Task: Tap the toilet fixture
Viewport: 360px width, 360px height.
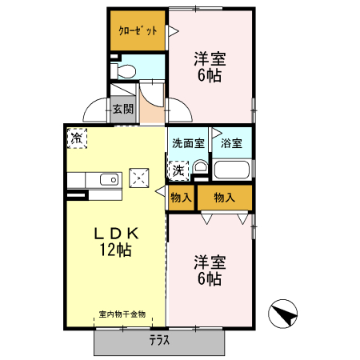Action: [125, 70]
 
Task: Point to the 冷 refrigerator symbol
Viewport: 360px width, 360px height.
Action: [77, 138]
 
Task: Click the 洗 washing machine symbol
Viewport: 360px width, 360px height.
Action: [178, 169]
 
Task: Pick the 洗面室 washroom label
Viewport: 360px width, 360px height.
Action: [188, 143]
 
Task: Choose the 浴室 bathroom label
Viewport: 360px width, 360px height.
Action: [232, 143]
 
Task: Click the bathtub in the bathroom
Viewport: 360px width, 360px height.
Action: [232, 170]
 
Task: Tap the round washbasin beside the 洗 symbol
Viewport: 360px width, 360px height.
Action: [199, 168]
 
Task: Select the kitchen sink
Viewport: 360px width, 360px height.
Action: [106, 179]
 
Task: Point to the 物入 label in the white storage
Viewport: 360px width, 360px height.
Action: [181, 198]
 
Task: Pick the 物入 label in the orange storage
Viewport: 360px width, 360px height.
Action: [224, 198]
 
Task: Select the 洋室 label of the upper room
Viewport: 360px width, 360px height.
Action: [210, 59]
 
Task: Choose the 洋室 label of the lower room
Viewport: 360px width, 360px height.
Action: [210, 262]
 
